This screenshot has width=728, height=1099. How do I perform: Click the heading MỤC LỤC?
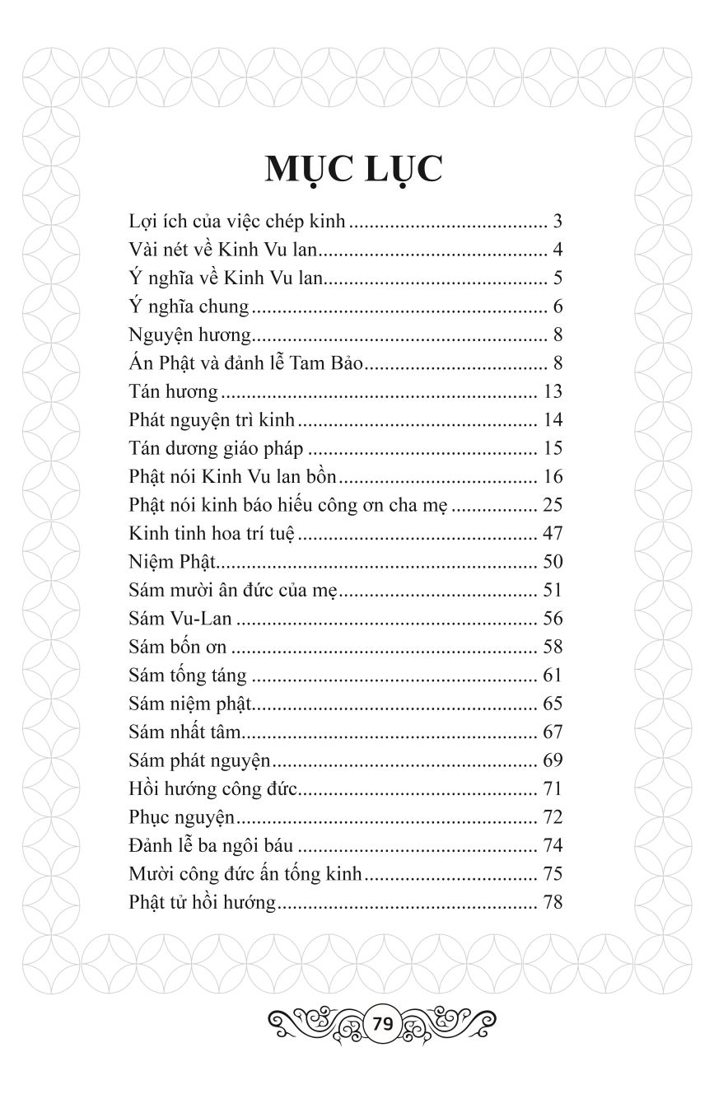pyautogui.click(x=354, y=169)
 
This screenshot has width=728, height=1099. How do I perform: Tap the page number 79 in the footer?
pyautogui.click(x=381, y=1024)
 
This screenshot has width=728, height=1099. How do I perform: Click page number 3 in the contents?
pyautogui.click(x=558, y=222)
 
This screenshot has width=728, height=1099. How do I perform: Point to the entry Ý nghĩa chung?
pyautogui.click(x=189, y=307)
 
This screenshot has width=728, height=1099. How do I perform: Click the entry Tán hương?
pyautogui.click(x=174, y=392)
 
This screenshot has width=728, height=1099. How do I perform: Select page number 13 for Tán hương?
pyautogui.click(x=553, y=392)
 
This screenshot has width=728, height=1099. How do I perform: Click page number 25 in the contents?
pyautogui.click(x=553, y=505)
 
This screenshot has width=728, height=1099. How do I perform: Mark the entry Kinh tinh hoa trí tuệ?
pyautogui.click(x=212, y=534)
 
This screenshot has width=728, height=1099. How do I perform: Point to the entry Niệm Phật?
pyautogui.click(x=171, y=563)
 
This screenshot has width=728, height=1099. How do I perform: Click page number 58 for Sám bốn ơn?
pyautogui.click(x=553, y=648)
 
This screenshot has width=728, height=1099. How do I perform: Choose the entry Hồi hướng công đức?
pyautogui.click(x=212, y=789)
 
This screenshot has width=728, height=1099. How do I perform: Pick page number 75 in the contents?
pyautogui.click(x=553, y=874)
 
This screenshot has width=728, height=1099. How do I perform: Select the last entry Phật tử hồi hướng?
pyautogui.click(x=203, y=903)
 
